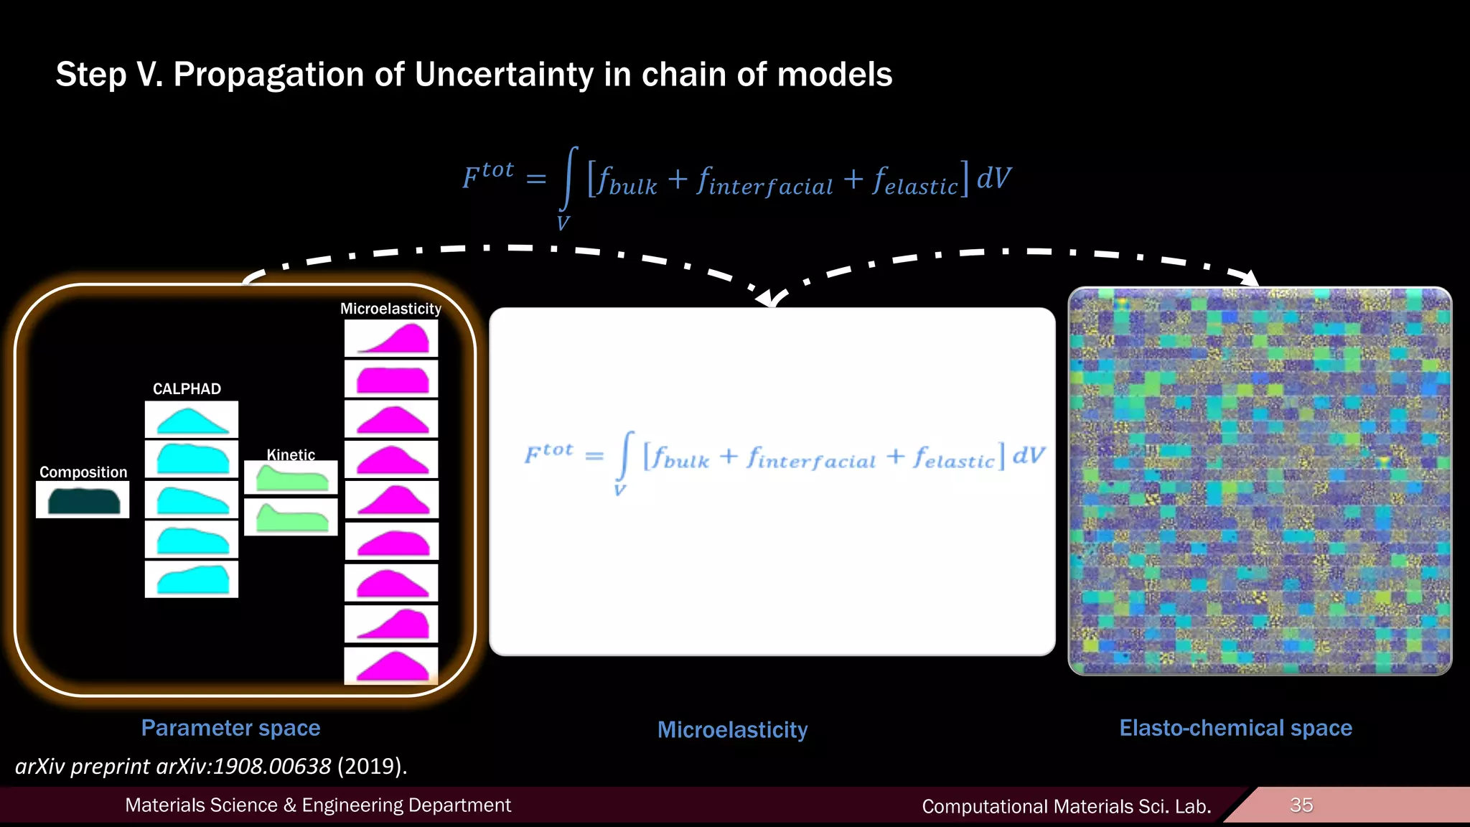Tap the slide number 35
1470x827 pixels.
click(1301, 805)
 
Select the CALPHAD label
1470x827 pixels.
click(187, 389)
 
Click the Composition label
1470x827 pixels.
click(83, 472)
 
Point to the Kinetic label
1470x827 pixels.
click(291, 454)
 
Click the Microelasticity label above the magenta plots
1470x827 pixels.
click(390, 309)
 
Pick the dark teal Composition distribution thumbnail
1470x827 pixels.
click(83, 500)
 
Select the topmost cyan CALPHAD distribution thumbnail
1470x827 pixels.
click(192, 420)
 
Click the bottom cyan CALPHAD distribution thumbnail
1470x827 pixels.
click(192, 579)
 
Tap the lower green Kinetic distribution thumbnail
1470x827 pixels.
click(291, 517)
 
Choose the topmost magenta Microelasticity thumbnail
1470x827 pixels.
click(391, 338)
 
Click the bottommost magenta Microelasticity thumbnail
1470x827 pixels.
click(391, 665)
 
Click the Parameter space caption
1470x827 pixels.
click(230, 728)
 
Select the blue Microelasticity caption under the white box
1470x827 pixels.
click(732, 730)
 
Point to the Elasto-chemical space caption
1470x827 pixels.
click(1235, 728)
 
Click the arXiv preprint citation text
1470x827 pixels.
click(211, 766)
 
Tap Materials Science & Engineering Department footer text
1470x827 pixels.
click(318, 805)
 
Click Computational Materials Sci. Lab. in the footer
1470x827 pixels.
click(1066, 806)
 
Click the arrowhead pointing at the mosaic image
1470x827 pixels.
click(1250, 278)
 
